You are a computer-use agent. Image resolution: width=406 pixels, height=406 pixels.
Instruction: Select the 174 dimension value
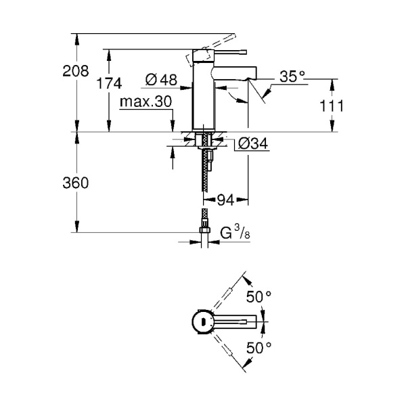109,83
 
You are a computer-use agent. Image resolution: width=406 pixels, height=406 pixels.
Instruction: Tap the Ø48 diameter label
161,81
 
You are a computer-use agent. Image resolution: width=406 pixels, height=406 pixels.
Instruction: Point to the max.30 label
145,102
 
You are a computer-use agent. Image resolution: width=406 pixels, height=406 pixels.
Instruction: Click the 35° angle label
293,78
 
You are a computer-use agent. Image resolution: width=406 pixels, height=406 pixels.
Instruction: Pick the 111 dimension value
332,106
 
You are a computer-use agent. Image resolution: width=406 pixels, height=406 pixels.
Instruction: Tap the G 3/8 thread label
238,233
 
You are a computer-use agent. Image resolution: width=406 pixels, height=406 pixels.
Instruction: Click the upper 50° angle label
258,296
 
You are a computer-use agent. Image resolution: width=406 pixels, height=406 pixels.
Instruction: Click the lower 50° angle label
258,348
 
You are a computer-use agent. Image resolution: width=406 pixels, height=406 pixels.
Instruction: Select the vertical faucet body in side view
204,95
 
